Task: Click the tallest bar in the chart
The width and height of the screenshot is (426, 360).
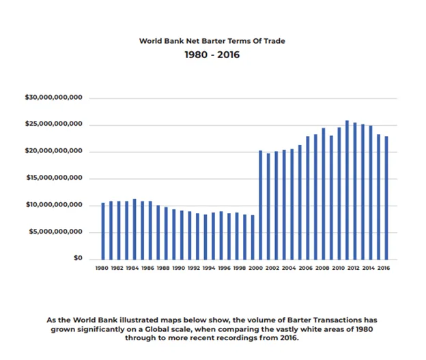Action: (347, 190)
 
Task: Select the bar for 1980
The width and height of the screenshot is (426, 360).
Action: (103, 231)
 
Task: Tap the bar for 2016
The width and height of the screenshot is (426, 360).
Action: (386, 198)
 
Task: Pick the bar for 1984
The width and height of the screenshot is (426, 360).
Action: (134, 230)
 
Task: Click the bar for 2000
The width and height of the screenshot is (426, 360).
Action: (253, 237)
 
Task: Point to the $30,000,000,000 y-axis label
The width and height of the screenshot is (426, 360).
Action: (53, 97)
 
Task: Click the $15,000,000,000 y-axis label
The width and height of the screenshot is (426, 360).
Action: (54, 178)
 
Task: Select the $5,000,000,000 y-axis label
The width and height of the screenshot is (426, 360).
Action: (56, 232)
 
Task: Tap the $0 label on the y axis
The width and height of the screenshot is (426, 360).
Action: (78, 258)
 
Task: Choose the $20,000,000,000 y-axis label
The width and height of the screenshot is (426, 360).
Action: (53, 151)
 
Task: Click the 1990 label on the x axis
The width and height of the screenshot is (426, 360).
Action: (178, 268)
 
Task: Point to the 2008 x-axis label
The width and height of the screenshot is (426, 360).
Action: (322, 268)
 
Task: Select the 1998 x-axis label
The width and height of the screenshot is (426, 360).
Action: (240, 268)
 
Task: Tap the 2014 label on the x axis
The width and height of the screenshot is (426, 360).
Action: (369, 268)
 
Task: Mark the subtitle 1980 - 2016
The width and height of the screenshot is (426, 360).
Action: (212, 55)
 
